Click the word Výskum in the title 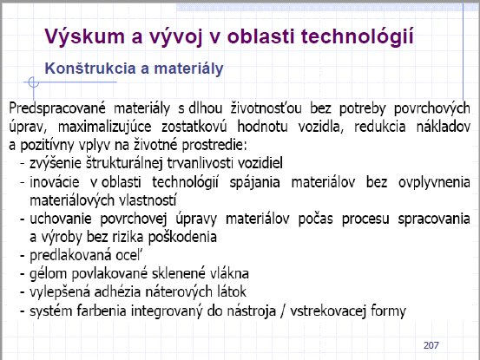(x=84, y=37)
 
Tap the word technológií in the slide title (x=358, y=36)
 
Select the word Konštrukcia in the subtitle (x=90, y=68)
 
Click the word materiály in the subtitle (x=188, y=69)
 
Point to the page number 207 (x=431, y=345)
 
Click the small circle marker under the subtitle (x=33, y=82)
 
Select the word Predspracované (x=57, y=109)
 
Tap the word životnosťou (x=266, y=108)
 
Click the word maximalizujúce (x=105, y=128)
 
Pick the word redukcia (x=380, y=127)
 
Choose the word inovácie (x=55, y=182)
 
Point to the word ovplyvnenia (x=434, y=182)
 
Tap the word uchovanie (x=61, y=219)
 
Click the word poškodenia (x=183, y=238)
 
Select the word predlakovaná (x=70, y=256)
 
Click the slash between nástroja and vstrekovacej (x=283, y=311)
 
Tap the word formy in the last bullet (x=388, y=311)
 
